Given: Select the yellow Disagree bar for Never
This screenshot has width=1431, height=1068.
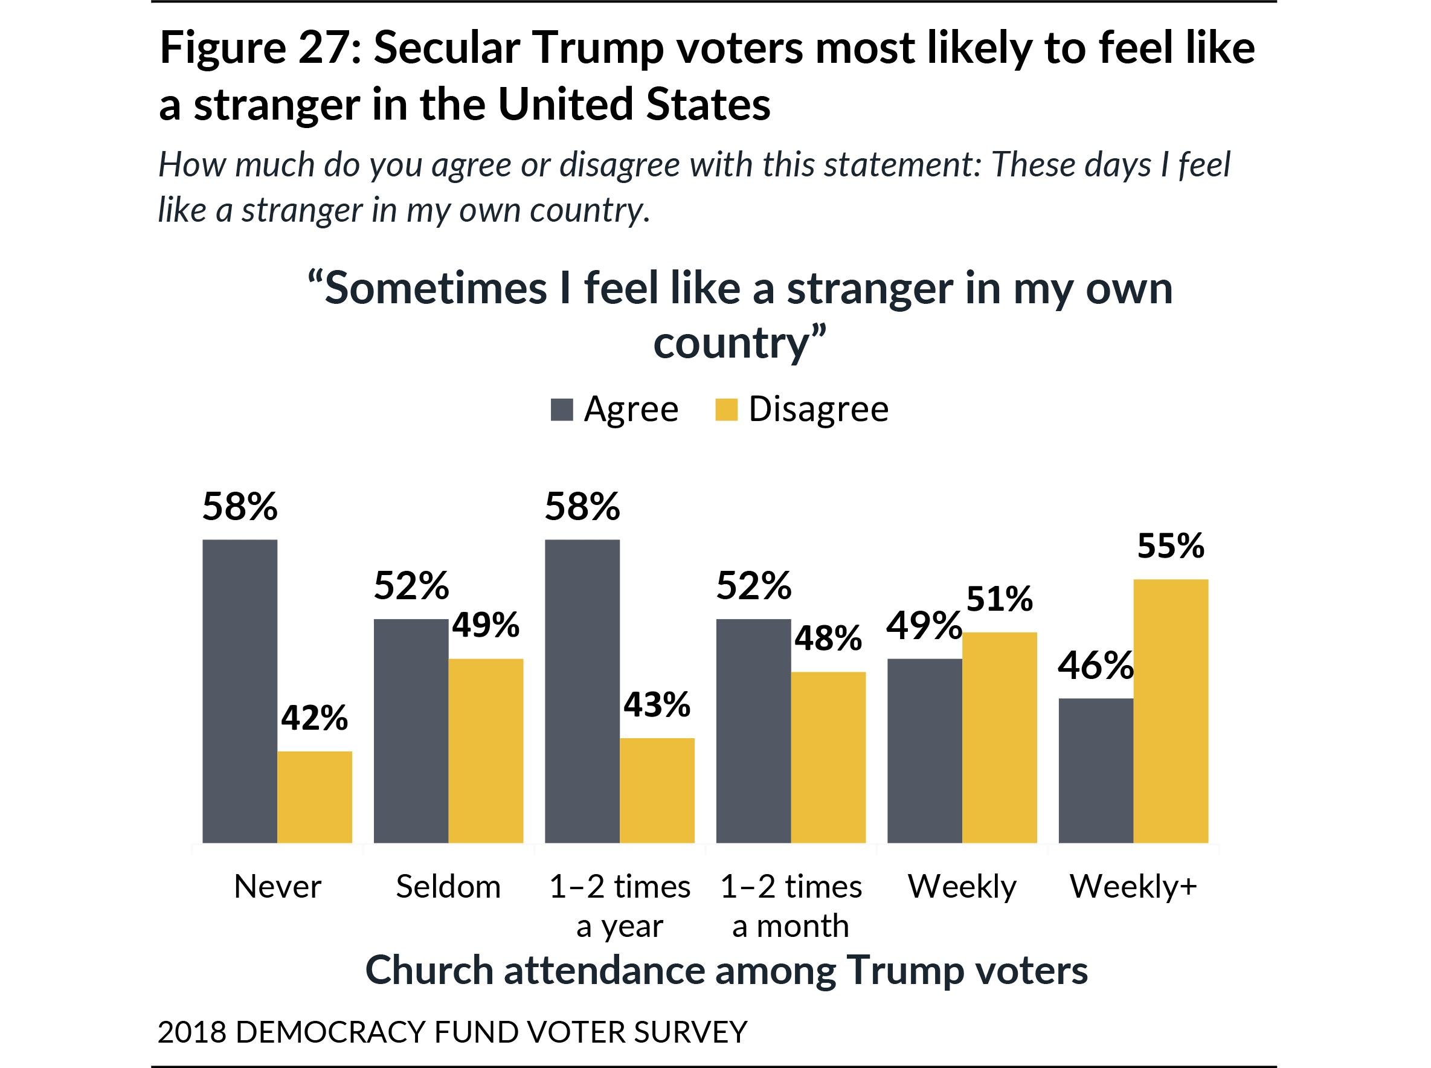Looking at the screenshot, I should click(x=315, y=797).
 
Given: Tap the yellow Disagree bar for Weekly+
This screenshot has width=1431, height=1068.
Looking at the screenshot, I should click(x=1171, y=710).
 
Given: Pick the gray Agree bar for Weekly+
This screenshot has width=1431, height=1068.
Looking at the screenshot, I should click(x=1096, y=770).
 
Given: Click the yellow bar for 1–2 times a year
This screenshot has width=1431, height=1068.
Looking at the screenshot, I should click(x=657, y=790).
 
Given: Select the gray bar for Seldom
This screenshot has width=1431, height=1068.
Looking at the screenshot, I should click(x=411, y=730).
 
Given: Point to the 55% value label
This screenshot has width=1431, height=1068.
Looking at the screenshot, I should click(x=1171, y=545).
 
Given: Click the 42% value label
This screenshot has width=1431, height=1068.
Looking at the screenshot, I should click(x=315, y=718).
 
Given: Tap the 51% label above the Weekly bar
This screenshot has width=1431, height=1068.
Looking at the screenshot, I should click(x=999, y=599).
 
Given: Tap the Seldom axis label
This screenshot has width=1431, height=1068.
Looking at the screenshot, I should click(x=448, y=886).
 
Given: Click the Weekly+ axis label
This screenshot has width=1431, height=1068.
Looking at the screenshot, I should click(x=1133, y=886).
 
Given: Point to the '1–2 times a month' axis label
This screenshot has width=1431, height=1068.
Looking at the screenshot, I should click(x=791, y=905).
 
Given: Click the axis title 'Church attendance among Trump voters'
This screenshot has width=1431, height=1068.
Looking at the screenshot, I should click(x=727, y=970).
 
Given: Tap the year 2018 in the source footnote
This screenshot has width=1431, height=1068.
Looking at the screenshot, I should click(x=191, y=1032).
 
